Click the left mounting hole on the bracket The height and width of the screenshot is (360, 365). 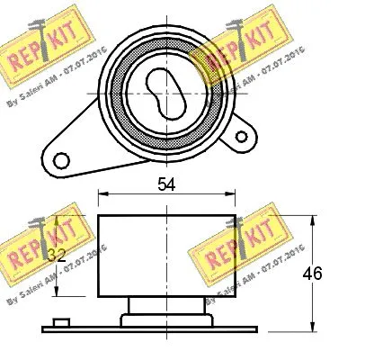pos(62,160)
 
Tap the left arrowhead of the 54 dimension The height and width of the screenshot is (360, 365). pos(102,192)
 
